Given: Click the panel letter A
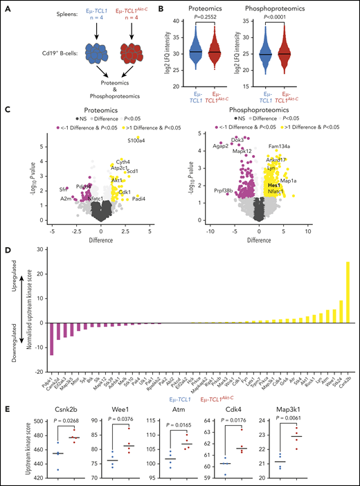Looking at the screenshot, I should [6, 6].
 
